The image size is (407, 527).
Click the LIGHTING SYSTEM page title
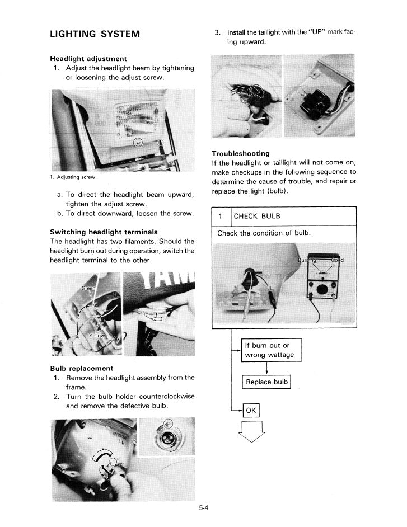(x=95, y=34)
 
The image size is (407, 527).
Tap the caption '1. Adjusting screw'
(x=72, y=177)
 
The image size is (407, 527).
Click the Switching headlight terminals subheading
(x=104, y=232)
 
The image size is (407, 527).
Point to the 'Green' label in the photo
(x=88, y=288)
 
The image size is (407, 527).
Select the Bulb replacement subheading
(x=81, y=368)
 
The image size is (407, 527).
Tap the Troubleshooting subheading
(x=240, y=153)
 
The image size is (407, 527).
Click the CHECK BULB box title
(x=256, y=217)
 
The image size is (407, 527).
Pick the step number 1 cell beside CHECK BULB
(x=221, y=217)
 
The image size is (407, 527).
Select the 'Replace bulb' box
(x=266, y=382)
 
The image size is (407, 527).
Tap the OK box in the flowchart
(x=251, y=411)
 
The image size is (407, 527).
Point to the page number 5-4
(x=203, y=508)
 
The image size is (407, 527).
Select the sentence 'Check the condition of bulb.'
(x=264, y=233)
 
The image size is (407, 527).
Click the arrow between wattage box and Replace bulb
(x=266, y=368)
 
